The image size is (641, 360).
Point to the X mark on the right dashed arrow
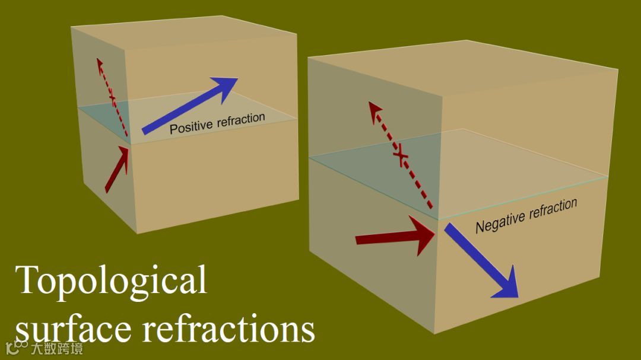tap(401, 157)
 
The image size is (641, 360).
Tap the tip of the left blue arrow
tap(237, 79)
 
